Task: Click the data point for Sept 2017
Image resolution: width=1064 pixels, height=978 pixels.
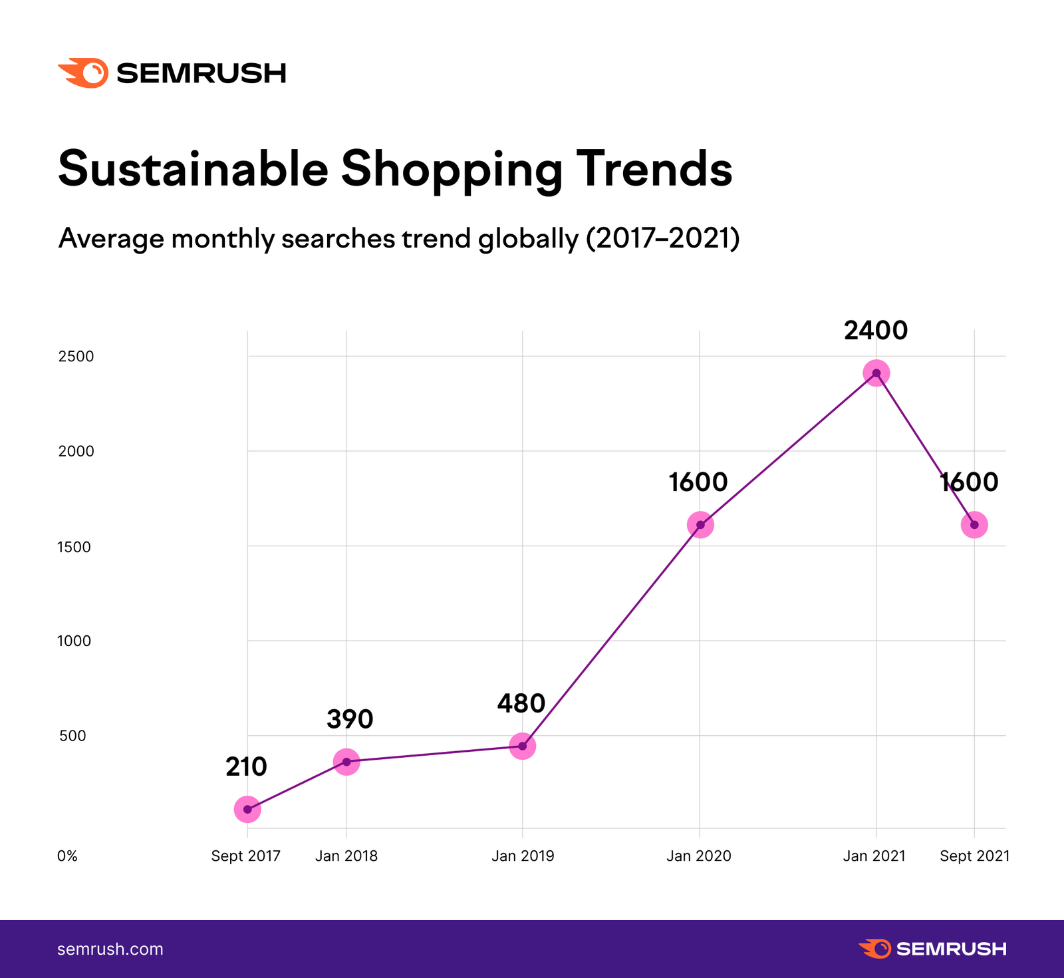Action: pos(247,810)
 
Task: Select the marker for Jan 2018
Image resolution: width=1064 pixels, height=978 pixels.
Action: pos(346,761)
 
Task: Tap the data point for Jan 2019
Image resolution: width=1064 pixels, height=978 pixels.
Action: pos(523,746)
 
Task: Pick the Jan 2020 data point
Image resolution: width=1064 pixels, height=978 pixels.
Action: pos(700,525)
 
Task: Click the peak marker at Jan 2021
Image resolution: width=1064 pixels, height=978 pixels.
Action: pos(876,373)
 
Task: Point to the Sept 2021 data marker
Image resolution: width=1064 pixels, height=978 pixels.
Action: pos(974,525)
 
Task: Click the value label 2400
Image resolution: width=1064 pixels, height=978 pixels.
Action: pos(876,331)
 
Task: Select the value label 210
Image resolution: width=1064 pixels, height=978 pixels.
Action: pos(246,767)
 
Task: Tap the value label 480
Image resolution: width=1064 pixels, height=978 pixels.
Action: pos(521,703)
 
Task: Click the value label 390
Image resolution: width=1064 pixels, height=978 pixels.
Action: pos(350,719)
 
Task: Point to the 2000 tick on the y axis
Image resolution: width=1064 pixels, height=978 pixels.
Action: pos(76,451)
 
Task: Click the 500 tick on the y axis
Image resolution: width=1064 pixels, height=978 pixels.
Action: pos(72,736)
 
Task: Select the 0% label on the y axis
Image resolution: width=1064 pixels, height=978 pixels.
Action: pos(67,856)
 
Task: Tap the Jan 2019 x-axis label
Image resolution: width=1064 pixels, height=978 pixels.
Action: pos(523,856)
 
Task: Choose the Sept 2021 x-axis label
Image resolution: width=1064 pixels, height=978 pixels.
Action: pos(974,856)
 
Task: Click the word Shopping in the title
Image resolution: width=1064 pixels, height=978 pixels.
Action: pos(452,169)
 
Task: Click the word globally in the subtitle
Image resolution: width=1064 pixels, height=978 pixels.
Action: pos(529,239)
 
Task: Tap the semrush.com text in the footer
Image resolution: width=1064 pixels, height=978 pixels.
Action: pos(110,949)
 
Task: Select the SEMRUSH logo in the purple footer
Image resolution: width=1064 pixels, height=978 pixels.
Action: pos(932,949)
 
